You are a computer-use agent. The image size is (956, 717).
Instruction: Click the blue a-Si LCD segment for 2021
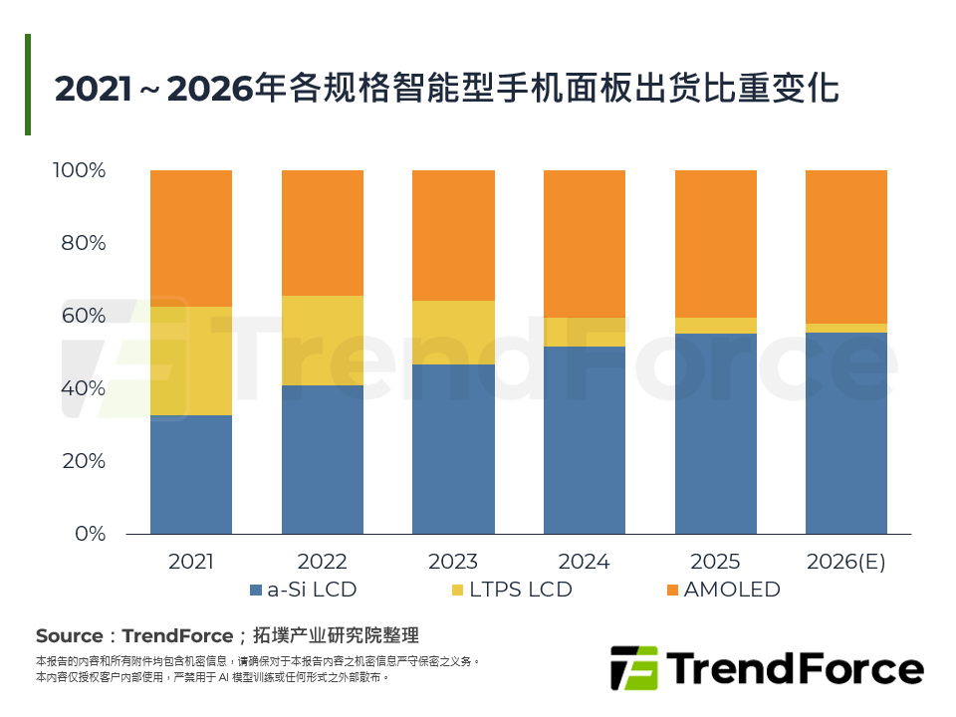click(x=191, y=474)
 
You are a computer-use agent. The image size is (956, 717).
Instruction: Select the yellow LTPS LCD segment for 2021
click(x=191, y=360)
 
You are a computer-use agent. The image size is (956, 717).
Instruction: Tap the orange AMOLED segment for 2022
click(x=323, y=233)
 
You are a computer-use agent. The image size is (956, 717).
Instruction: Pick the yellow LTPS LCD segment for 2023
click(x=454, y=333)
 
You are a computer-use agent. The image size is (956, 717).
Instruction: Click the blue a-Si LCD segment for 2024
click(x=585, y=439)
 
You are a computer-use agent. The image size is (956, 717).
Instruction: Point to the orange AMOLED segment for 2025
click(x=716, y=244)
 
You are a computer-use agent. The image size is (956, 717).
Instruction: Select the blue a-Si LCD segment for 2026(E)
click(x=846, y=433)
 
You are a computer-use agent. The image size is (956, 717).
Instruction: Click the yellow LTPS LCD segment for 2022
click(x=323, y=341)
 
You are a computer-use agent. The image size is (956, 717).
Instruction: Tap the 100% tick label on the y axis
click(x=79, y=170)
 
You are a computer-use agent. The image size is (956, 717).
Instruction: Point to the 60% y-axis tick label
click(x=84, y=316)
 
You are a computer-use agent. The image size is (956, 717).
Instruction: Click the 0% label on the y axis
click(x=91, y=534)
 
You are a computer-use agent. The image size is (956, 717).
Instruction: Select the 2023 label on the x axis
click(x=454, y=562)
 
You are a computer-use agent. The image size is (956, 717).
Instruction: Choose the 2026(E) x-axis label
click(x=846, y=562)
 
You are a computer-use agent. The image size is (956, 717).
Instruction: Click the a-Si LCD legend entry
click(x=303, y=590)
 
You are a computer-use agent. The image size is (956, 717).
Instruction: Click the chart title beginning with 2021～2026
click(x=447, y=88)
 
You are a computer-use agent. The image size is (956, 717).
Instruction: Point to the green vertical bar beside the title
click(x=28, y=85)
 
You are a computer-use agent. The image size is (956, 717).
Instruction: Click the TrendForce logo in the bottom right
click(x=766, y=667)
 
